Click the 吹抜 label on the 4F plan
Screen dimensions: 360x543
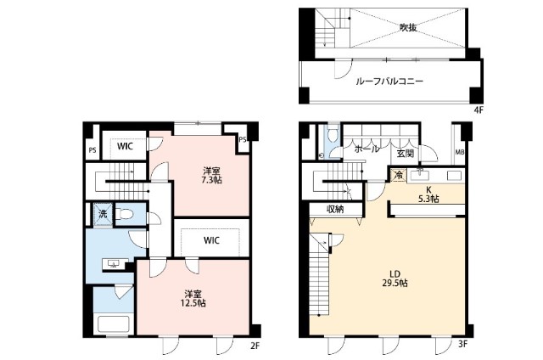408,27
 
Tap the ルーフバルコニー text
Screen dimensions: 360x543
389,82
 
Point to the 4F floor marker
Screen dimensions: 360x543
477,110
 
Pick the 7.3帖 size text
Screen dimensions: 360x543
212,179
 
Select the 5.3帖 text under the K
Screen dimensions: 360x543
428,199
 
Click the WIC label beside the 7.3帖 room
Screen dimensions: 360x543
125,145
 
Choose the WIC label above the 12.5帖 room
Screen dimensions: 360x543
212,240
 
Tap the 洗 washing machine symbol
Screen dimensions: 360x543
101,215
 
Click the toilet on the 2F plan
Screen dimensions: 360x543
125,214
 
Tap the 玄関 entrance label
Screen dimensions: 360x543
406,153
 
